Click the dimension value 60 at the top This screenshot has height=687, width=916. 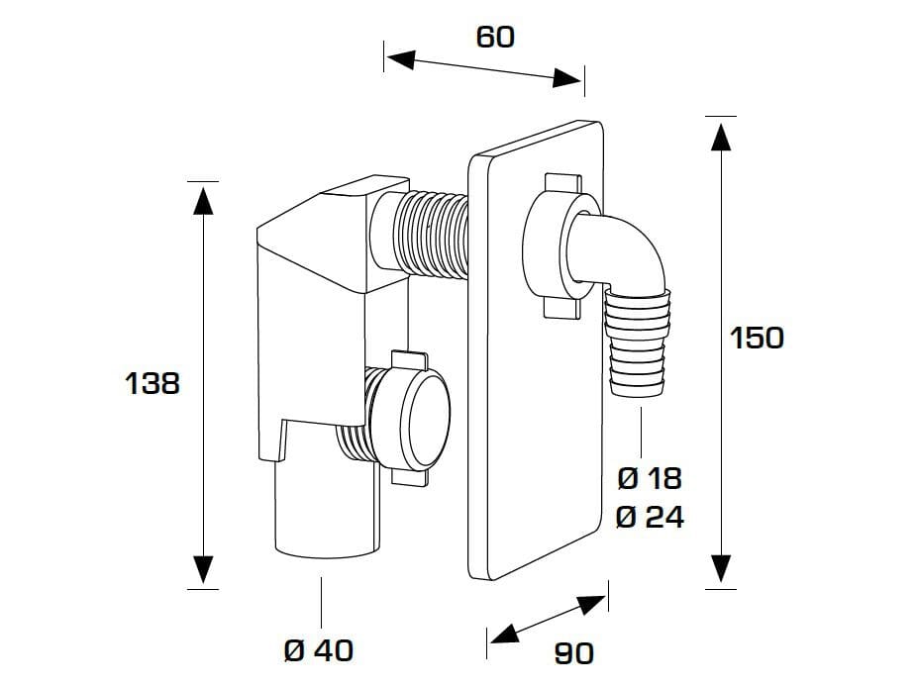[x=495, y=37]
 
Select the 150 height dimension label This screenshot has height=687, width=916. [x=757, y=338]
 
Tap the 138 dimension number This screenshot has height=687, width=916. [x=153, y=383]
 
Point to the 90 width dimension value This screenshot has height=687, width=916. [x=573, y=653]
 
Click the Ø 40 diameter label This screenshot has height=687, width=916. [x=318, y=650]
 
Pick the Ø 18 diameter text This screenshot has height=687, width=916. [x=649, y=478]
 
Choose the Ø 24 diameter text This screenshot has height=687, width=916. [x=649, y=517]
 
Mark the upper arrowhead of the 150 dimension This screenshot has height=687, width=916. [x=720, y=134]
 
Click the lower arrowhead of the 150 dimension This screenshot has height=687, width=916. [x=720, y=568]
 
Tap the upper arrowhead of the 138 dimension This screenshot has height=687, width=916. [x=203, y=199]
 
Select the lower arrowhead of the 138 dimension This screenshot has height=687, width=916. [x=203, y=570]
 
